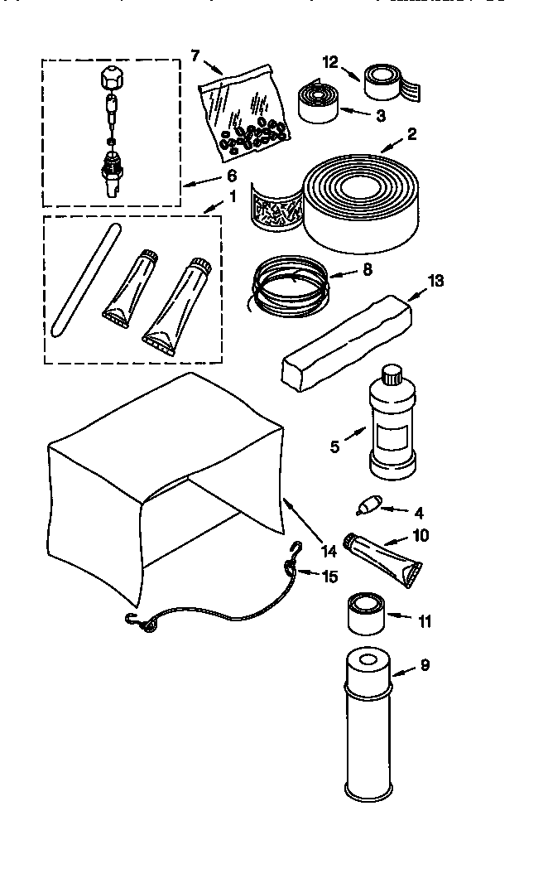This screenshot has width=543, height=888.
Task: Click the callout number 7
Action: (x=196, y=55)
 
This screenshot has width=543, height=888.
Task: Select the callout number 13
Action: (x=435, y=281)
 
